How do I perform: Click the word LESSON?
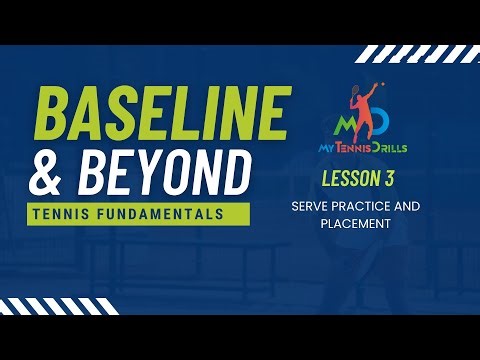pyautogui.click(x=355, y=180)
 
